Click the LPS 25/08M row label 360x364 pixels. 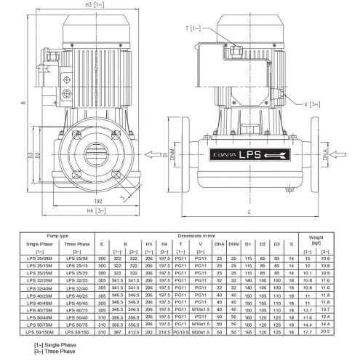click(x=38, y=258)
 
